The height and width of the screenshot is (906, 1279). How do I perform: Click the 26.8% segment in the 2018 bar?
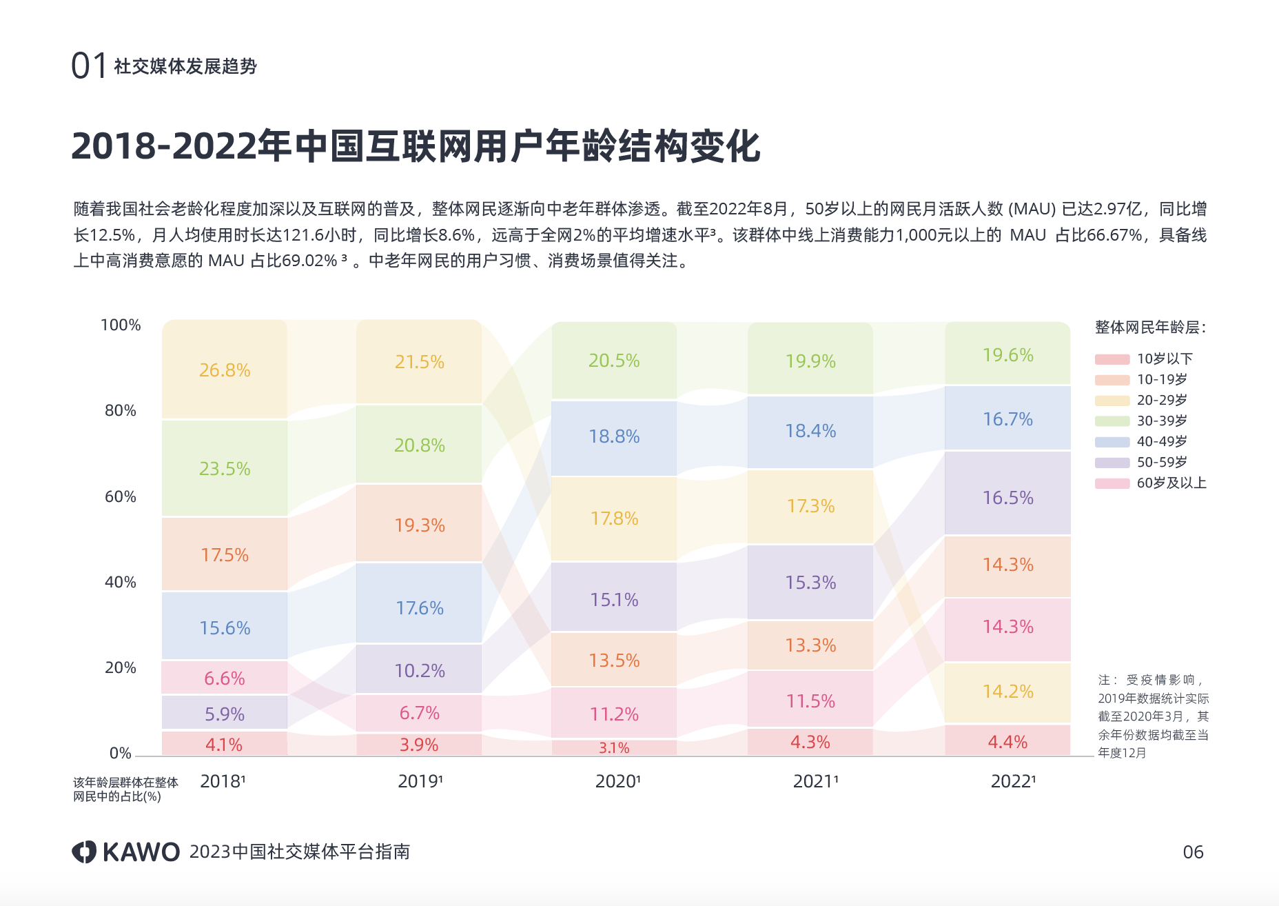[225, 370]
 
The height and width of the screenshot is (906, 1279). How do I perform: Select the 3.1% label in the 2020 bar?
[614, 748]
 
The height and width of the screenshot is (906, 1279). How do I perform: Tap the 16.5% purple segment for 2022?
[1007, 498]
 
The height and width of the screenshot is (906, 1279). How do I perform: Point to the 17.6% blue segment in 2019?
[419, 608]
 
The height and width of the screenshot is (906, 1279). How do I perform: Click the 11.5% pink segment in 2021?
[810, 701]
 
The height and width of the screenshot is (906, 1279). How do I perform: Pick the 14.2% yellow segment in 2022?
[1007, 692]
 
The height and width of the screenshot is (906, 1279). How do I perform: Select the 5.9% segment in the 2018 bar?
[225, 714]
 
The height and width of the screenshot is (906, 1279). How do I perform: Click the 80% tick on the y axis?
[121, 411]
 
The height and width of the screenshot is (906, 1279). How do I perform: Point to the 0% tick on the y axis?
[121, 754]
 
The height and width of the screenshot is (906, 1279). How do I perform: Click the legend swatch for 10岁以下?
[1112, 359]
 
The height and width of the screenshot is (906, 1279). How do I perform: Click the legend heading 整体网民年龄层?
[1150, 328]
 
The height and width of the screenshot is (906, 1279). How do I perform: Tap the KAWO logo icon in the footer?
[84, 852]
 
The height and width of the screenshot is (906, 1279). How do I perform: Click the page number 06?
[1193, 852]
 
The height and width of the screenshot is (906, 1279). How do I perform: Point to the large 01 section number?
[89, 66]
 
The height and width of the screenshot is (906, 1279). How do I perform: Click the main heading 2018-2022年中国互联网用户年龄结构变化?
[416, 146]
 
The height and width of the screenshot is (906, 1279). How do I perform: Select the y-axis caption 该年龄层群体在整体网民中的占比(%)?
[125, 789]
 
